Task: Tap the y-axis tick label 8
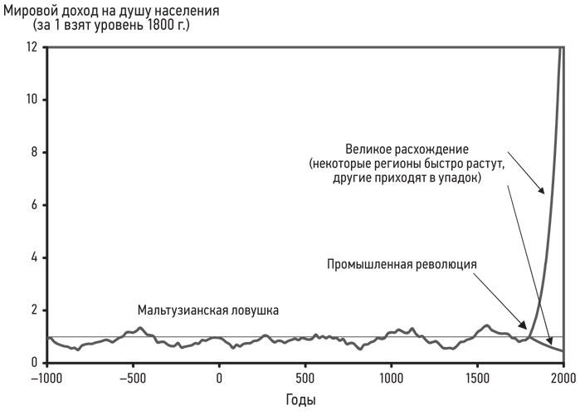[34, 153]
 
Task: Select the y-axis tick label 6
[34, 205]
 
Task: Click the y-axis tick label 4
[34, 258]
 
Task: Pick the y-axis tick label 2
[34, 311]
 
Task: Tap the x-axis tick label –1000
[47, 379]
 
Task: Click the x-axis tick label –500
[133, 379]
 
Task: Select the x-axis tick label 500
[305, 379]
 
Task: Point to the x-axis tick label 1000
[391, 379]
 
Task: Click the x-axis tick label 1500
[477, 379]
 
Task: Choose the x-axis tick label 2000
[562, 379]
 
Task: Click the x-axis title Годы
[300, 400]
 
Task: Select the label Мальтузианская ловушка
[207, 310]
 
